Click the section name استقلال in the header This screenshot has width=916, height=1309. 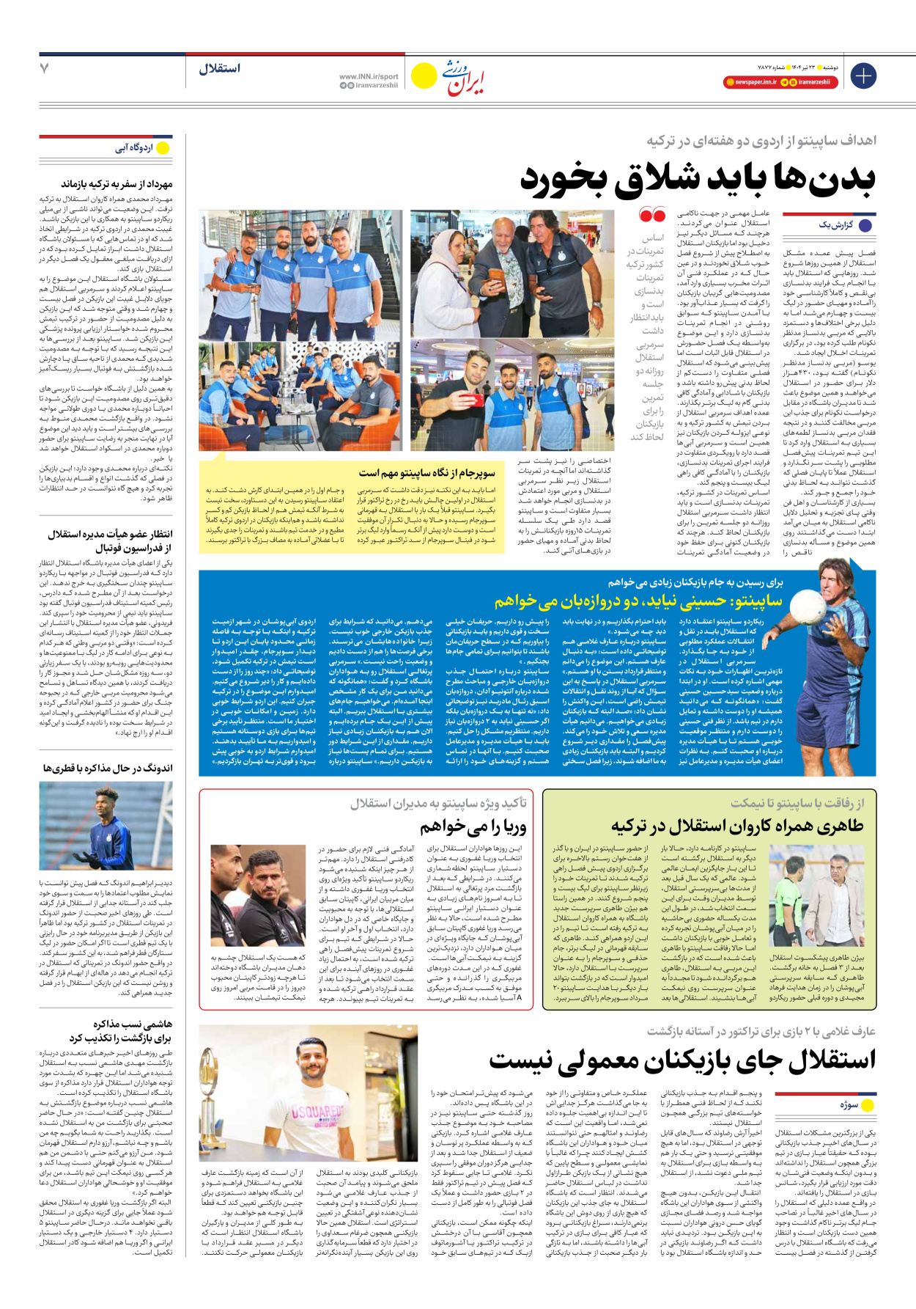[219, 69]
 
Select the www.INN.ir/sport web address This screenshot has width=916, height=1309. [369, 76]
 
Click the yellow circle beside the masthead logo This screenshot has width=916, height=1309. [424, 76]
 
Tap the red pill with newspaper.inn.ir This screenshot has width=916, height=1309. [750, 82]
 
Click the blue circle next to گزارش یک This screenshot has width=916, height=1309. [865, 225]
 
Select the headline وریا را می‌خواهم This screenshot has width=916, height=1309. [473, 827]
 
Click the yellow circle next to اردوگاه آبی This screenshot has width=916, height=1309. [163, 148]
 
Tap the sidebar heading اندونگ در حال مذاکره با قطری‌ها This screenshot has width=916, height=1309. [107, 769]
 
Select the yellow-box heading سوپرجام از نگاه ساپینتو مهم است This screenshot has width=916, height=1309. [426, 474]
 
